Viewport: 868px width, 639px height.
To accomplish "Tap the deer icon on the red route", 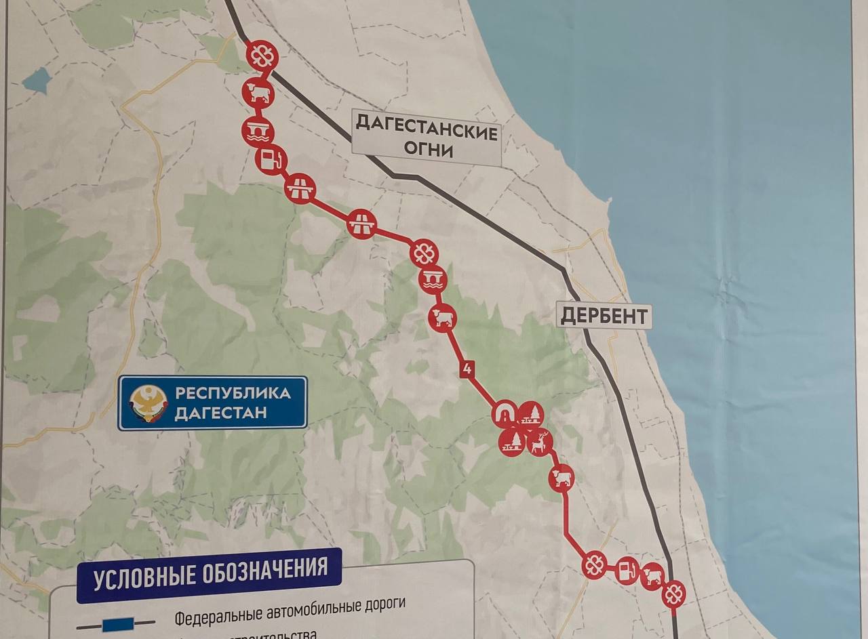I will coord(540,443).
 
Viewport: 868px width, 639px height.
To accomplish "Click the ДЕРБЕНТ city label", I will coord(604,316).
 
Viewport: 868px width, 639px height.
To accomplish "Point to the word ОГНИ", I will coord(432,150).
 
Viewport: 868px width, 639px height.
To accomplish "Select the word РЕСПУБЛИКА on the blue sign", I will coord(233,393).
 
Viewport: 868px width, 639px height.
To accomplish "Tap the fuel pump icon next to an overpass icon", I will coord(271,161).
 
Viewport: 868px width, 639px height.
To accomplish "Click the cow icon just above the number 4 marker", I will coord(442,317).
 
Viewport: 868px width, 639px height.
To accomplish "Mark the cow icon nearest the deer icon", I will coord(561,477).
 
